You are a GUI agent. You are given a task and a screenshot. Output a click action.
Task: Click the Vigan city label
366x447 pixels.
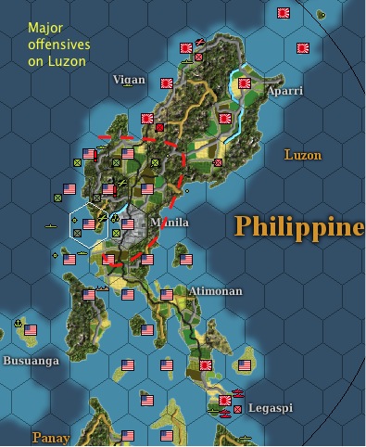129,80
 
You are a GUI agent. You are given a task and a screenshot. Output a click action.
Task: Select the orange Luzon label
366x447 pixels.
303,155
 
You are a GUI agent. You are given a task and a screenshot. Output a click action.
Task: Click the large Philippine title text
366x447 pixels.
298,226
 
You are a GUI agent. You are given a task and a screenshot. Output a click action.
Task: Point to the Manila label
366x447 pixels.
170,223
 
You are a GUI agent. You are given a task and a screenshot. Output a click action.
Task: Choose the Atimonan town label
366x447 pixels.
216,291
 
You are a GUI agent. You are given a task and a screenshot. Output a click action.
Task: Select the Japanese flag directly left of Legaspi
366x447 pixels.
224,401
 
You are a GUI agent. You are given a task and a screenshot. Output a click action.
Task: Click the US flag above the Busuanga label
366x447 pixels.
31,330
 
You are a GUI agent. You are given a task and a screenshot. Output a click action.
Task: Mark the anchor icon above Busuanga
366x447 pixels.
18,323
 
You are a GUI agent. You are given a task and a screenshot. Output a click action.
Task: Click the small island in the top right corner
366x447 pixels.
321,14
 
